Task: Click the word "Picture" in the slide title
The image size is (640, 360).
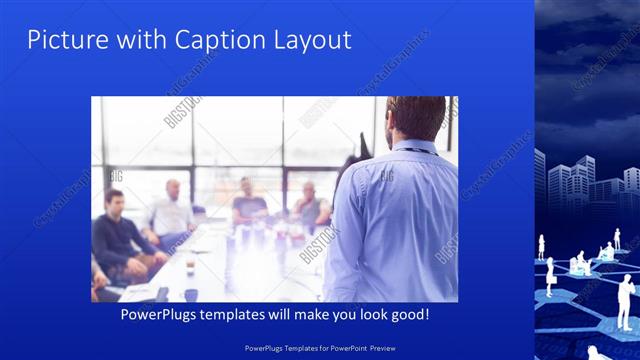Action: point(61,40)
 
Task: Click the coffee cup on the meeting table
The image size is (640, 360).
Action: point(190,294)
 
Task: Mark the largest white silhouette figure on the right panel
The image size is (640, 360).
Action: point(625,300)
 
